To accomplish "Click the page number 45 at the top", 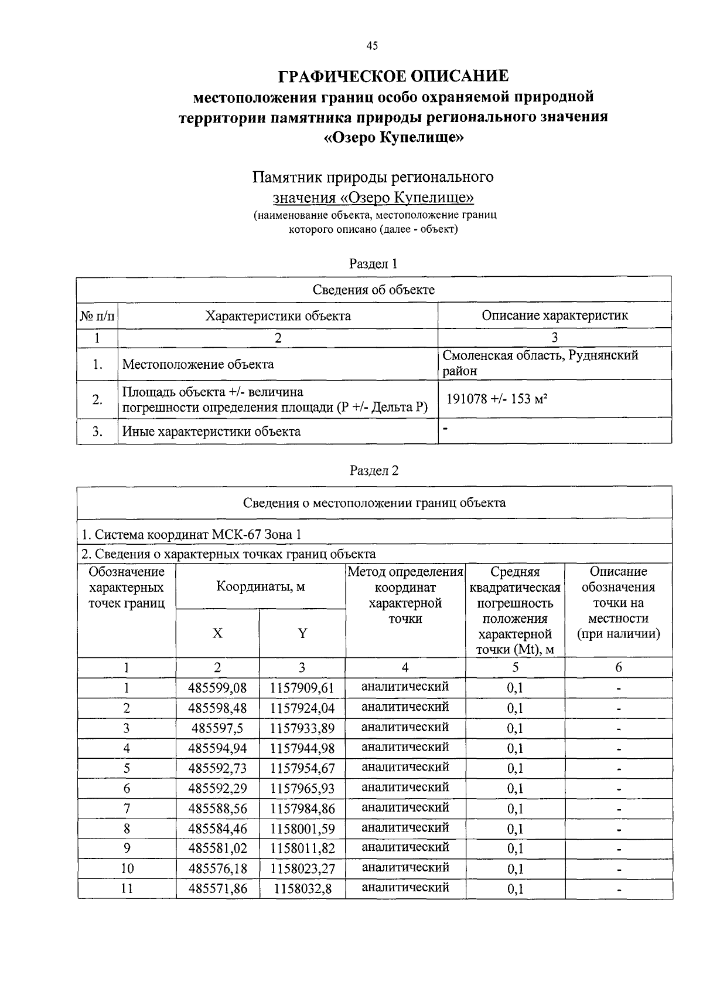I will click(372, 46).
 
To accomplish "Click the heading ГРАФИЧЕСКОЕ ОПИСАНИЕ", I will click(394, 76).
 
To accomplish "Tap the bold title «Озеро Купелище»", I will click(394, 138).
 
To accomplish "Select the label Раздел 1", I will click(374, 264).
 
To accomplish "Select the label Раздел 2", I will click(374, 470).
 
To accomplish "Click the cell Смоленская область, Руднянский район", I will click(540, 363).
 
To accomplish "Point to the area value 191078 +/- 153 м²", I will click(497, 399).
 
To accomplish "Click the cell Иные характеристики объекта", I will click(211, 432).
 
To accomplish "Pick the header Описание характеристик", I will click(554, 315).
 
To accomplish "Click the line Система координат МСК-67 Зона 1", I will click(192, 535).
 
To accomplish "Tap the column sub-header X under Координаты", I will click(217, 633).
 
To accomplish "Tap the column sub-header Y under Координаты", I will click(302, 633).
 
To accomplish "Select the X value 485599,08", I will click(217, 688).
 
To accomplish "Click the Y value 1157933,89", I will click(302, 728).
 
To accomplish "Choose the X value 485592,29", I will click(217, 789).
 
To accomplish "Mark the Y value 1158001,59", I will click(302, 829).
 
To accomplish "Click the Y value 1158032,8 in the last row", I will click(302, 889).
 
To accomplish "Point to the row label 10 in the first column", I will click(127, 869).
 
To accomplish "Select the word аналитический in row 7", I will click(405, 807).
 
